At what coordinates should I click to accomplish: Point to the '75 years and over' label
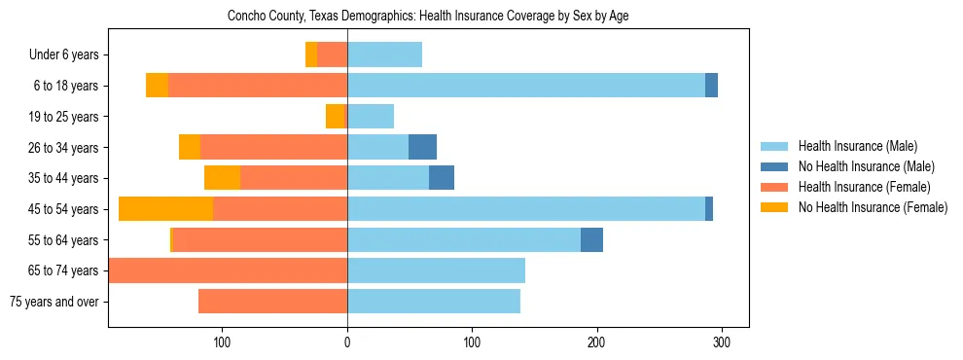pyautogui.click(x=53, y=302)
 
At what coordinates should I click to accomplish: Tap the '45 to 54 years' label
pyautogui.click(x=64, y=209)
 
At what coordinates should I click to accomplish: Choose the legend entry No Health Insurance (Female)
pyautogui.click(x=873, y=207)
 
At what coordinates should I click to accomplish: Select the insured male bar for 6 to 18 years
pyautogui.click(x=525, y=86)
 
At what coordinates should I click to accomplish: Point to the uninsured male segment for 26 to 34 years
pyautogui.click(x=422, y=147)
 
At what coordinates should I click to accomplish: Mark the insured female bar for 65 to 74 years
pyautogui.click(x=228, y=270)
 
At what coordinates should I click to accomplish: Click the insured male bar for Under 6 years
pyautogui.click(x=384, y=54)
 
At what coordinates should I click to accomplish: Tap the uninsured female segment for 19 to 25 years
pyautogui.click(x=336, y=117)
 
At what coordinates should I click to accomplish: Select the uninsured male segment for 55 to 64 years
pyautogui.click(x=591, y=239)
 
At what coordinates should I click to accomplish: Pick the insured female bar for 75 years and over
pyautogui.click(x=272, y=302)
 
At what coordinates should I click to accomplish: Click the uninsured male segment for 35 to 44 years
pyautogui.click(x=442, y=178)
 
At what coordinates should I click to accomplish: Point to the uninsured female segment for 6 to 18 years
pyautogui.click(x=157, y=86)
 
